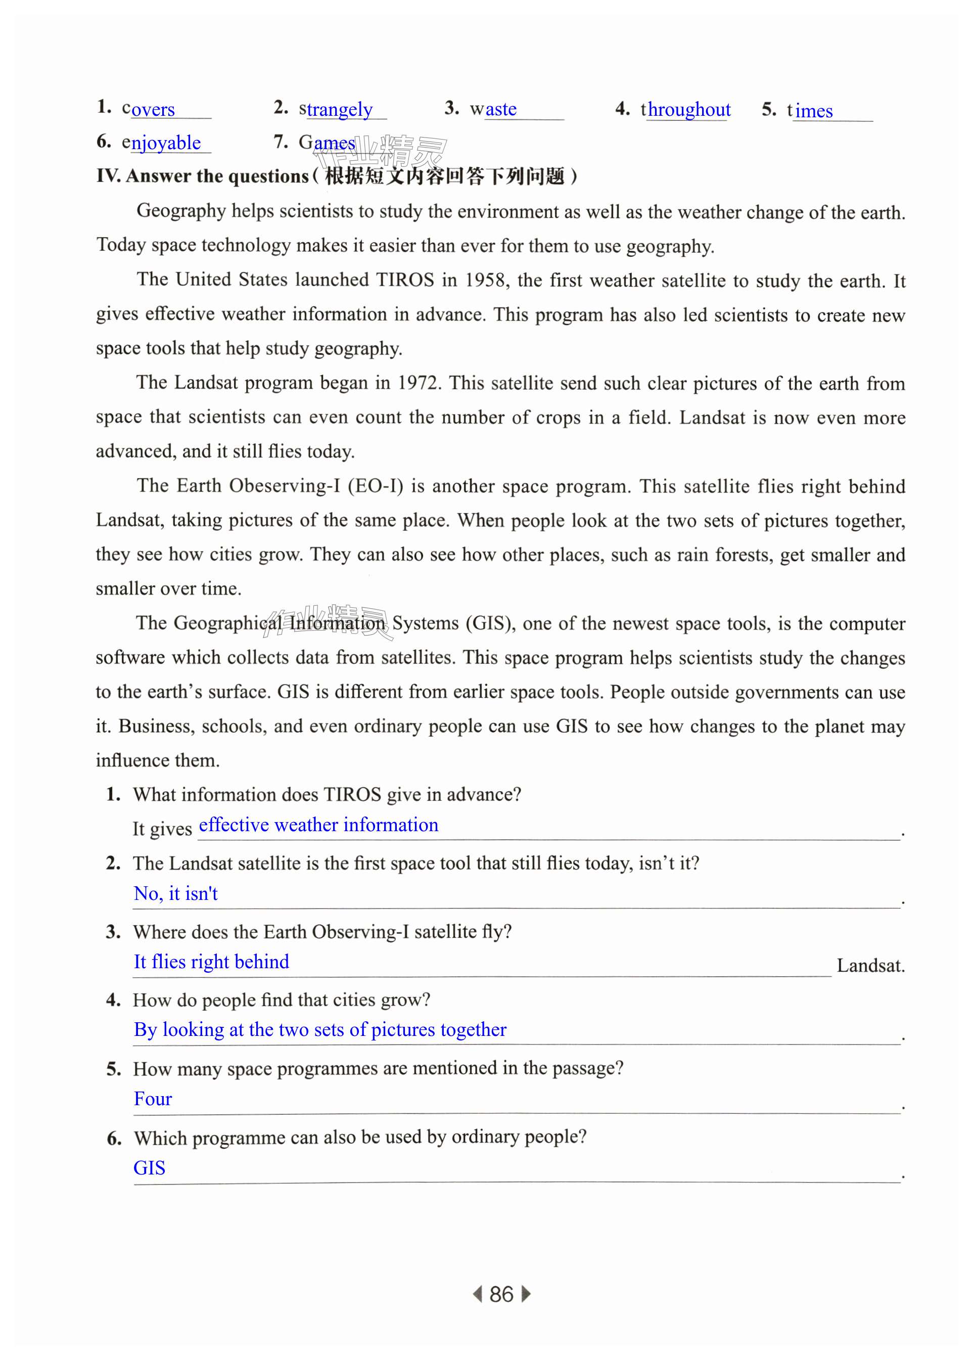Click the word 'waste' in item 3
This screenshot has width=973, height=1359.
coord(493,109)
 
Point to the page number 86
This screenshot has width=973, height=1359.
coord(501,1294)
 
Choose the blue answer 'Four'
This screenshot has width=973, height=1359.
coord(153,1099)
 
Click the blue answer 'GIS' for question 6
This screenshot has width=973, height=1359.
coord(149,1168)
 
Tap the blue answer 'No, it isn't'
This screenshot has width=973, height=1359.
coord(175,893)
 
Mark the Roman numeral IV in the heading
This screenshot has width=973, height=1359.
coord(109,176)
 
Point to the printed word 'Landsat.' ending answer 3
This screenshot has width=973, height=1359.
coord(870,965)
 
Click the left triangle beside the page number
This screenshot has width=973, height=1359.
coord(478,1294)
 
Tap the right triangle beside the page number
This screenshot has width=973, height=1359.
coord(526,1294)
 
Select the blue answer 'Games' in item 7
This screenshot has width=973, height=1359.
coord(327,143)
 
